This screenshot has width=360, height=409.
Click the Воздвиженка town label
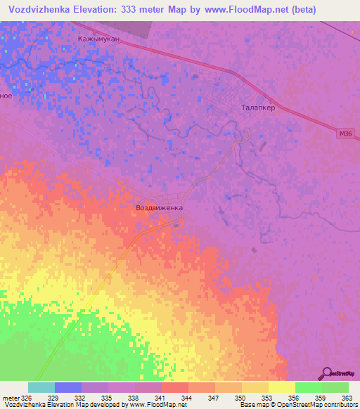tap(159, 209)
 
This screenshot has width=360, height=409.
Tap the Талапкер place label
tap(257, 108)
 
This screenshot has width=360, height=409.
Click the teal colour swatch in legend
tap(41, 387)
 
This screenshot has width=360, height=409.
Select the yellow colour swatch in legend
tap(282, 387)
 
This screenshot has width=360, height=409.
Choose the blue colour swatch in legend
tap(68, 387)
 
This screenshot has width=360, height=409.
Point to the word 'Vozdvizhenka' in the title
tap(39, 10)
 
